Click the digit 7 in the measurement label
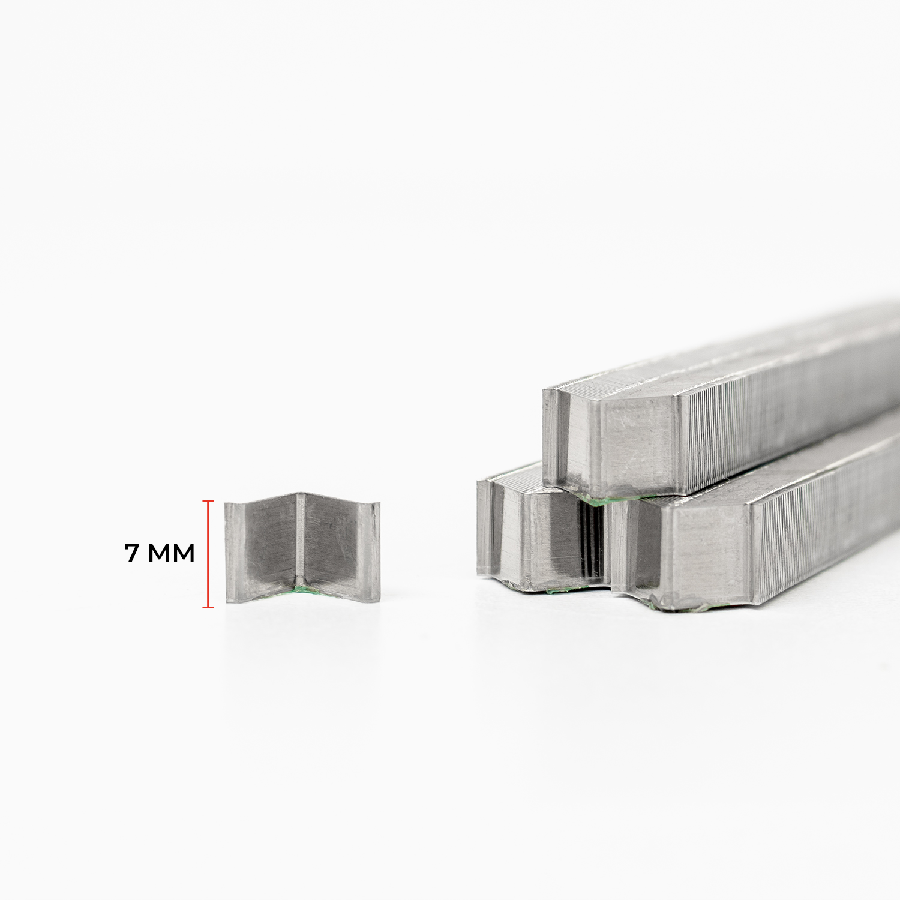pyautogui.click(x=131, y=553)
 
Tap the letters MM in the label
pyautogui.click(x=172, y=553)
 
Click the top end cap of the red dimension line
pyautogui.click(x=208, y=501)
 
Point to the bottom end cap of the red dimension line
pyautogui.click(x=208, y=607)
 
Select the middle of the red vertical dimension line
pyautogui.click(x=208, y=554)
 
